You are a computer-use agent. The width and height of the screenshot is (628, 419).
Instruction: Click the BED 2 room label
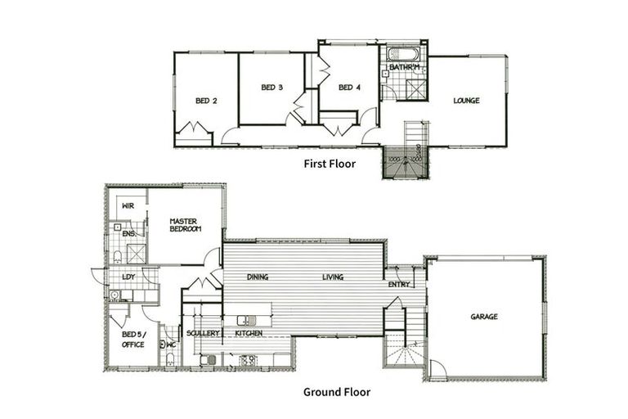206,101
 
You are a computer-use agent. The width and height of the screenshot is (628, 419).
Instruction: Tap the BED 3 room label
271,88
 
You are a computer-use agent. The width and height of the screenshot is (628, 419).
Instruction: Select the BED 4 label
349,88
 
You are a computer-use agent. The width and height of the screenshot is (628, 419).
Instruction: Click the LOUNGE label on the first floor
467,101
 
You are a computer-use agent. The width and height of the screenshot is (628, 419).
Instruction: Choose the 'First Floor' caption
330,164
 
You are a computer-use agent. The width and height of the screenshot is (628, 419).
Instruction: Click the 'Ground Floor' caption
336,392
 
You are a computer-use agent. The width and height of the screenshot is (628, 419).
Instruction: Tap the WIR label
128,205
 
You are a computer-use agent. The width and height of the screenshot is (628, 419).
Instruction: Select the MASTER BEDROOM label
185,225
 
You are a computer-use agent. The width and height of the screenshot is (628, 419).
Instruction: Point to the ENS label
128,234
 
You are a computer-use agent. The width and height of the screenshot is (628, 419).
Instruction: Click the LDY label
128,277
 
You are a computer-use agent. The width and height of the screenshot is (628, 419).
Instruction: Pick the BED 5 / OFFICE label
133,339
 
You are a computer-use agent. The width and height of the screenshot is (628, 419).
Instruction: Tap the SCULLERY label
201,334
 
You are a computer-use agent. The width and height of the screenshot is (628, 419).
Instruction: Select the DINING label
258,277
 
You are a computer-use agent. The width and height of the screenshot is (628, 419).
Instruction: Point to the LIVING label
332,277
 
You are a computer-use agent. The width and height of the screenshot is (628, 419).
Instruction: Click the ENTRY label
399,285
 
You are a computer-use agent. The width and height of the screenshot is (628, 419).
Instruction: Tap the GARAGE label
484,317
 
